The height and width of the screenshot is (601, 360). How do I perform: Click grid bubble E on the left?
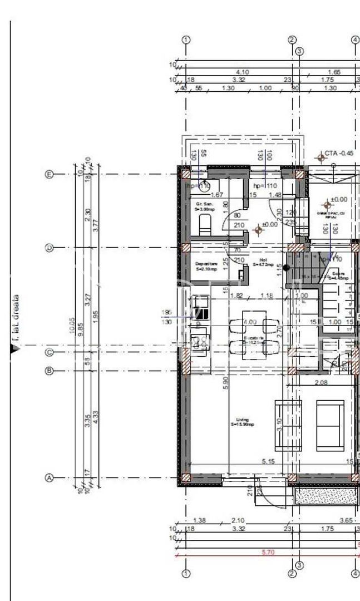coord(49,175)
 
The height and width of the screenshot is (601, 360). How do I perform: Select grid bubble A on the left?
coord(49,478)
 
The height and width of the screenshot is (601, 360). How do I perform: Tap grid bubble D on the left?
coord(49,248)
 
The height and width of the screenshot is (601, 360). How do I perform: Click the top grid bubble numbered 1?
coord(186,40)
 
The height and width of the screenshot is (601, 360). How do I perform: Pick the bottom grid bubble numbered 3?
coord(299,565)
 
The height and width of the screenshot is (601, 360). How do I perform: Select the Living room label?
coord(242,422)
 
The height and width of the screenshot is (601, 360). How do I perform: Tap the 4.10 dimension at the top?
coord(242,72)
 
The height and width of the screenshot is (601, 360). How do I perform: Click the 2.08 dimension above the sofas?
coord(320,382)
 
